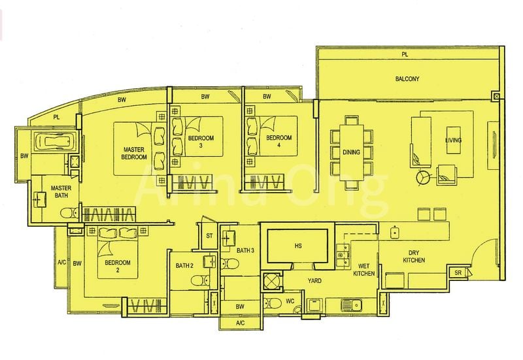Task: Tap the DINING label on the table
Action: click(x=351, y=152)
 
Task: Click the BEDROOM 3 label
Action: click(x=199, y=142)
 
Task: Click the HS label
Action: click(x=298, y=246)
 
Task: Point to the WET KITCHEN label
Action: click(x=365, y=269)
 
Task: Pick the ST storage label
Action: click(x=210, y=236)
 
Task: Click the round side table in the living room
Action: click(x=423, y=177)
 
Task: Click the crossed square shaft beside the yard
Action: click(x=271, y=282)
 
